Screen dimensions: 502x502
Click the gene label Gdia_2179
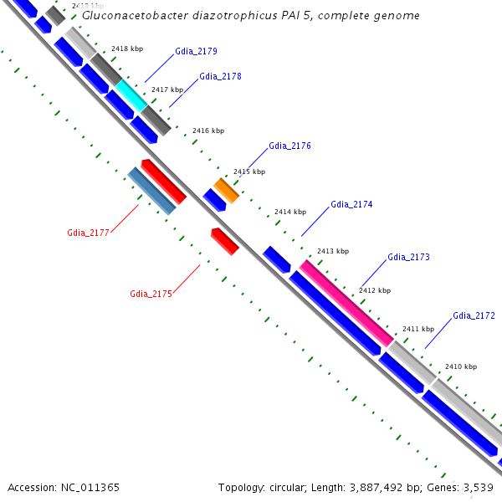[197, 52]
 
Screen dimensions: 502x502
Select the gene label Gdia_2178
[221, 77]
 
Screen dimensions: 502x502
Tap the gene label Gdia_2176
[289, 146]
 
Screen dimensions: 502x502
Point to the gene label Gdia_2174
[351, 204]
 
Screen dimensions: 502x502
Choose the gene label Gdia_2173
[408, 257]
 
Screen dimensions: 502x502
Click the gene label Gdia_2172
[474, 315]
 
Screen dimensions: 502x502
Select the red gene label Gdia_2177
[88, 233]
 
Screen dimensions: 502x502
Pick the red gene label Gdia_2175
[151, 294]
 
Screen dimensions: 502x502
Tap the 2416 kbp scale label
[208, 131]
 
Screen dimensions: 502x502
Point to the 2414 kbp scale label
[290, 212]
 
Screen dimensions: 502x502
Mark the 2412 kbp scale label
[374, 290]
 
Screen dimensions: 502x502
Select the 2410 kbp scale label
[460, 366]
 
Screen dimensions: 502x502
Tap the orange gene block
[226, 190]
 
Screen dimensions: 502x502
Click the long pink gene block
[346, 302]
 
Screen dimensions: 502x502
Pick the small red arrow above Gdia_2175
[225, 241]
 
